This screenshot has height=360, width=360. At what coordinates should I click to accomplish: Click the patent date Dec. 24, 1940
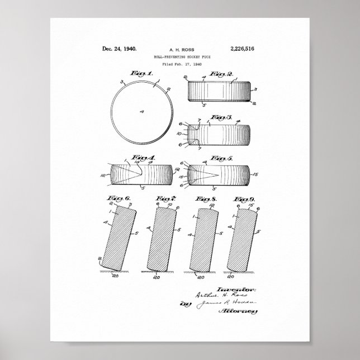[x=120, y=49]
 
